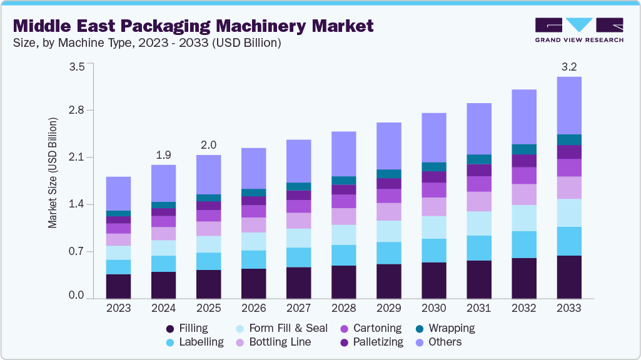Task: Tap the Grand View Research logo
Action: point(579,29)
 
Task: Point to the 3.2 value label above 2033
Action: point(568,67)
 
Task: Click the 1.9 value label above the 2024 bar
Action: point(163,155)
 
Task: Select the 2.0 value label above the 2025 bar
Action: point(208,145)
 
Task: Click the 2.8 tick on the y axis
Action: point(76,110)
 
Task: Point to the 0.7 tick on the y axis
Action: point(76,252)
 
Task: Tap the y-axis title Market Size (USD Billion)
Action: point(53,172)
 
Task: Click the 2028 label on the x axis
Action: point(343,308)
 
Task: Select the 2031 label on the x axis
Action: point(478,308)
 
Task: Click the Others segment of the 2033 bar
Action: point(568,105)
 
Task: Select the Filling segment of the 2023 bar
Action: point(118,286)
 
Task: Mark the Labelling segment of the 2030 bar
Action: point(433,251)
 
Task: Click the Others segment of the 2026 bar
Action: point(253,168)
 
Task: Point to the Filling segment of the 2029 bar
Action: point(388,281)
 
